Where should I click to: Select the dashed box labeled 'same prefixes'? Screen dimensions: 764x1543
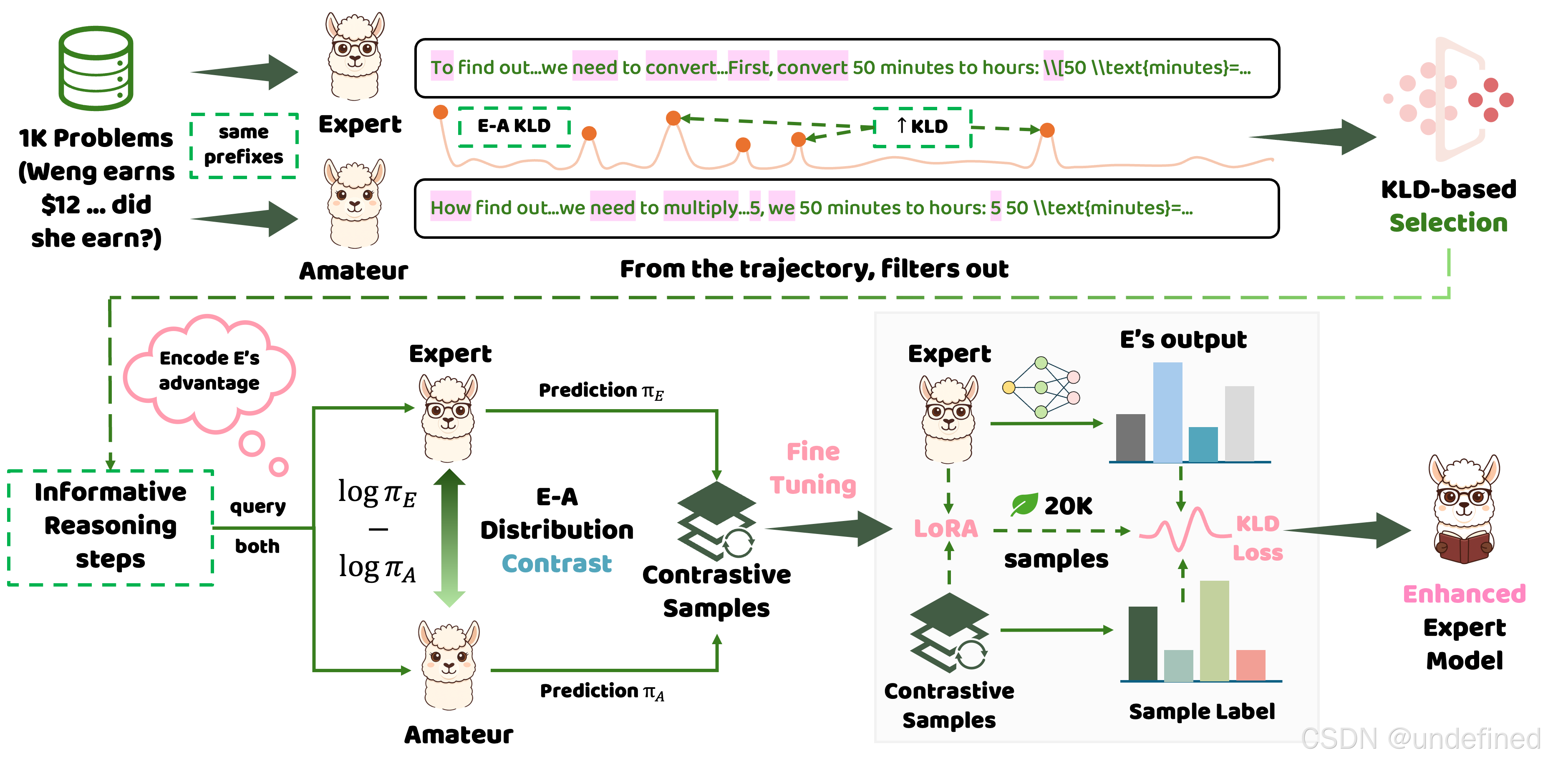pyautogui.click(x=244, y=145)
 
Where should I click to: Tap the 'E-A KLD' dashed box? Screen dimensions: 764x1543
pyautogui.click(x=514, y=126)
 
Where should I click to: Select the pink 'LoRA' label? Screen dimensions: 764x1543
pyautogui.click(x=945, y=529)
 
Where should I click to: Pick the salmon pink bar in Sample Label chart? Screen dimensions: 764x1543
pyautogui.click(x=1251, y=665)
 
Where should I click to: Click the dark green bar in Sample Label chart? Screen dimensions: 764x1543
pyautogui.click(x=1142, y=644)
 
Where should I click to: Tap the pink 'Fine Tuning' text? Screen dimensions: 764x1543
pyautogui.click(x=813, y=468)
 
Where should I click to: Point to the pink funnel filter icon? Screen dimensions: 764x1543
pyautogui.click(x=1449, y=99)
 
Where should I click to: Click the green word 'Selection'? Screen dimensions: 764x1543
pyautogui.click(x=1448, y=223)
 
